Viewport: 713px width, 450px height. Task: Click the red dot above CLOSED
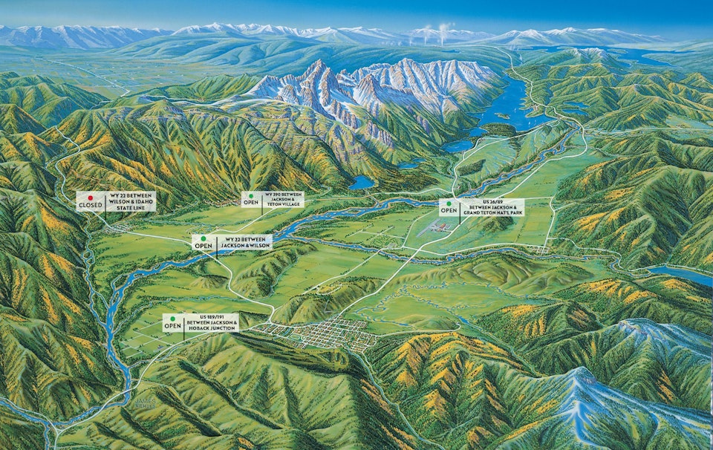coord(91,198)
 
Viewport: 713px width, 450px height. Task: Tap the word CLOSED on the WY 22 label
coord(91,206)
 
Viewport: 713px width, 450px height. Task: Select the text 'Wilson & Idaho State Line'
coord(131,206)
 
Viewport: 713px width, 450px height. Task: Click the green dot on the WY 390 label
coord(250,195)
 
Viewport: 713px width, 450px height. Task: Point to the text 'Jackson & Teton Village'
coord(283,203)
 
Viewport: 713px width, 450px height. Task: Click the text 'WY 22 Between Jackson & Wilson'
coord(244,241)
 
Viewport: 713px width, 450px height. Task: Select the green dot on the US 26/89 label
coord(449,202)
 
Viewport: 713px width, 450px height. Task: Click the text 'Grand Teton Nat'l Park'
coord(492,210)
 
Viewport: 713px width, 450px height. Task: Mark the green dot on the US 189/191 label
coord(173,317)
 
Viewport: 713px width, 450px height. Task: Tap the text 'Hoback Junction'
coord(212,327)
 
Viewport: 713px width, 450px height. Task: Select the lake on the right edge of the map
coord(680,275)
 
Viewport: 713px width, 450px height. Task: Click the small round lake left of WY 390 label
coord(362,182)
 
